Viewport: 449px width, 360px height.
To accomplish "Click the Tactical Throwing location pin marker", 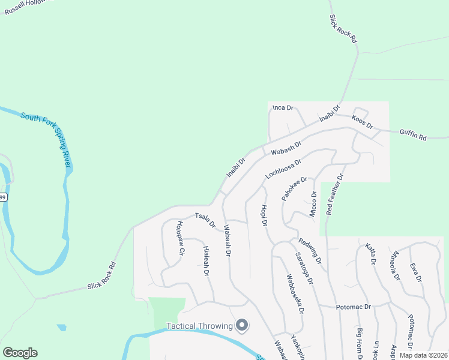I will point(243,325).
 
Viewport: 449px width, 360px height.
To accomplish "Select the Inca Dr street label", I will point(283,108).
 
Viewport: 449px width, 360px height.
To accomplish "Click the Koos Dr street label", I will point(363,122).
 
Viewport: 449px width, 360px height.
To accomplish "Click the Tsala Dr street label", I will point(205,220).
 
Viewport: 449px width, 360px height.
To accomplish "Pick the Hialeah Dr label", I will point(205,260).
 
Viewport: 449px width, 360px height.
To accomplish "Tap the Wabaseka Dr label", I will point(295,293).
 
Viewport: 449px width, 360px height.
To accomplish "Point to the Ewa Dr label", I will point(415,272).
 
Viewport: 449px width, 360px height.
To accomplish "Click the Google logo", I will point(20,353).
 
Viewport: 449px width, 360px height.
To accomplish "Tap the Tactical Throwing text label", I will point(199,326).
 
